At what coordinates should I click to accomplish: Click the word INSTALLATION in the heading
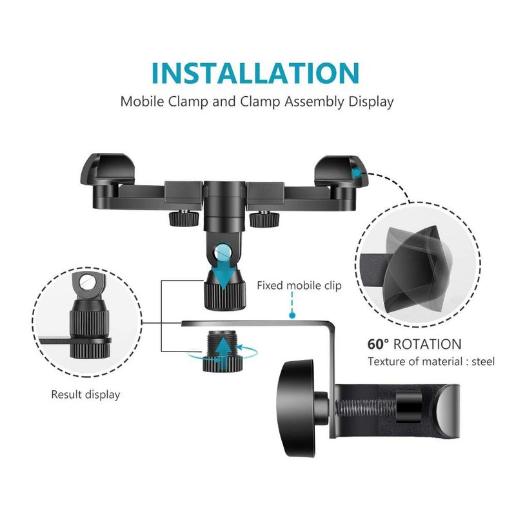point(255,73)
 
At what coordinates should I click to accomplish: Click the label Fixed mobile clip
point(299,285)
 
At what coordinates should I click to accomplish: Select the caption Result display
point(86,394)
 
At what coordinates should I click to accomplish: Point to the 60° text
point(378,344)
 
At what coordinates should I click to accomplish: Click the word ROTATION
point(428,344)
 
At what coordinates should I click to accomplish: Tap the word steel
point(483,361)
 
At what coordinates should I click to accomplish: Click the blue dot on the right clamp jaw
point(357,172)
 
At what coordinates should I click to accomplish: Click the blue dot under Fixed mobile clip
point(292,315)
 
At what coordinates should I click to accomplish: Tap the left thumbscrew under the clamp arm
point(184,218)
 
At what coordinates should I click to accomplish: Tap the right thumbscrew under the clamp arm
point(264,219)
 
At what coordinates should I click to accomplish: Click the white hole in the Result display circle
point(88,282)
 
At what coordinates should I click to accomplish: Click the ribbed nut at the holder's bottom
point(224,290)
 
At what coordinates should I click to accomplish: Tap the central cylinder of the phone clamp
point(224,206)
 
